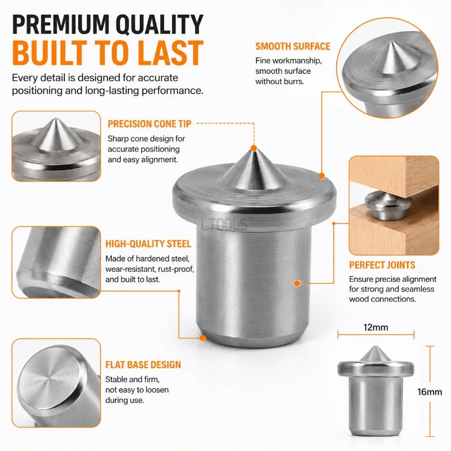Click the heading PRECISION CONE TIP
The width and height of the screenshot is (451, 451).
149,123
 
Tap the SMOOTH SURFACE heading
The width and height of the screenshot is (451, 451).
293,46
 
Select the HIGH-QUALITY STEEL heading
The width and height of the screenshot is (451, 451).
148,244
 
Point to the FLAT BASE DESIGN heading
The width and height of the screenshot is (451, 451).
143,365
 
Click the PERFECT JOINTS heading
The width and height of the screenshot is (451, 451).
382,265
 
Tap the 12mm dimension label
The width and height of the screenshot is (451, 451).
375,328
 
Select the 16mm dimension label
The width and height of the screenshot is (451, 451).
430,392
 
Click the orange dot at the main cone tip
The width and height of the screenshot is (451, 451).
254,148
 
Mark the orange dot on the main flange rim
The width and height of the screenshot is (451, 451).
322,176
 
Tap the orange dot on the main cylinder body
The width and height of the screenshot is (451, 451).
297,284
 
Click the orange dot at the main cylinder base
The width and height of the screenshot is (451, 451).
203,338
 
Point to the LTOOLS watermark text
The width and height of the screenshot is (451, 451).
224,224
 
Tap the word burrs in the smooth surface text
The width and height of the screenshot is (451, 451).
294,81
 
